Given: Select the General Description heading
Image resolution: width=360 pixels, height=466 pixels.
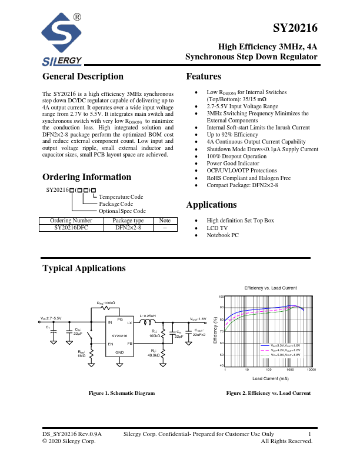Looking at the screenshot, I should (83, 76).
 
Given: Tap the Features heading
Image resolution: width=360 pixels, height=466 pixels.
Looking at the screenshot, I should (204, 76).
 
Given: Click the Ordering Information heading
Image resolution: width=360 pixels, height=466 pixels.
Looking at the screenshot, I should (87, 177).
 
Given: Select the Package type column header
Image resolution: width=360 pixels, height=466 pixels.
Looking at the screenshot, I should (128, 221).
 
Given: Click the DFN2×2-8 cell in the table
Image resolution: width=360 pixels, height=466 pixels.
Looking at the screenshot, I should (128, 227).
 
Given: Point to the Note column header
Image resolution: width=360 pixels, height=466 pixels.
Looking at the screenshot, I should (165, 221).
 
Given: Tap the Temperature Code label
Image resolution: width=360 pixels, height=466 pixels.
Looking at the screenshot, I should (121, 197).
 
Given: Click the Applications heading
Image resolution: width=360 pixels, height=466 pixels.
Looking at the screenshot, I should (211, 205).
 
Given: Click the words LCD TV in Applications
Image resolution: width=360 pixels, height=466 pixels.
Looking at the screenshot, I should (217, 228).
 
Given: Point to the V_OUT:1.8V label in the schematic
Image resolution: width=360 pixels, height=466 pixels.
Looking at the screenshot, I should (198, 318).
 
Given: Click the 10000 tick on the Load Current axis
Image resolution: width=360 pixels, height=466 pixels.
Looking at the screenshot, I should (312, 370).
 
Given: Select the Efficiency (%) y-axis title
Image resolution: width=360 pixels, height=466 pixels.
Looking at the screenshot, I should (222, 331).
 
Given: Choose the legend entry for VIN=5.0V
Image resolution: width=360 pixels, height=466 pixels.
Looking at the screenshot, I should (281, 355).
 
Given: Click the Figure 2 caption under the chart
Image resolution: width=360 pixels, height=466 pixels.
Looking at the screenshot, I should (268, 392).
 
